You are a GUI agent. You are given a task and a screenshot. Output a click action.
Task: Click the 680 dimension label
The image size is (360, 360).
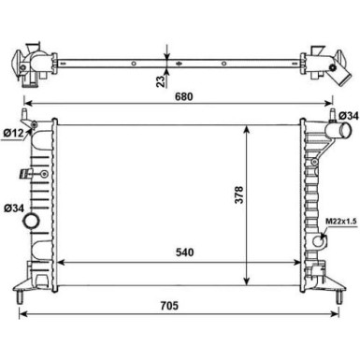tap(183, 96)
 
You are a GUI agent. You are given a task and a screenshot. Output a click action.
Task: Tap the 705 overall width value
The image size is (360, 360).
tap(169, 306)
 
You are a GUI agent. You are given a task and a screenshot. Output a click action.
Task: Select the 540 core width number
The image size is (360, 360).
tap(185, 252)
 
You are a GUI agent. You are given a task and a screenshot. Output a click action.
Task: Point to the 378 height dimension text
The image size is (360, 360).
tap(239, 194)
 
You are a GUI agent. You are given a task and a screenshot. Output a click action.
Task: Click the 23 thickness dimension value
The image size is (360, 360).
tap(161, 81)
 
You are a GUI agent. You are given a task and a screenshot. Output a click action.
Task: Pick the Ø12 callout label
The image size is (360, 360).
tap(14, 134)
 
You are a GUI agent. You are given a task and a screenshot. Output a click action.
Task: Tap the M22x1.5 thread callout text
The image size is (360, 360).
tap(341, 222)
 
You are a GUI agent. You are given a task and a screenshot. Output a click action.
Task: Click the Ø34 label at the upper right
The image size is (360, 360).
tap(349, 116)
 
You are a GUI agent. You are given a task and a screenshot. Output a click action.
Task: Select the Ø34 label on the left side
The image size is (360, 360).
tap(14, 208)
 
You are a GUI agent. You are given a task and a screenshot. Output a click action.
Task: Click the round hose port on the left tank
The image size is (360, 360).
tap(32, 222)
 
